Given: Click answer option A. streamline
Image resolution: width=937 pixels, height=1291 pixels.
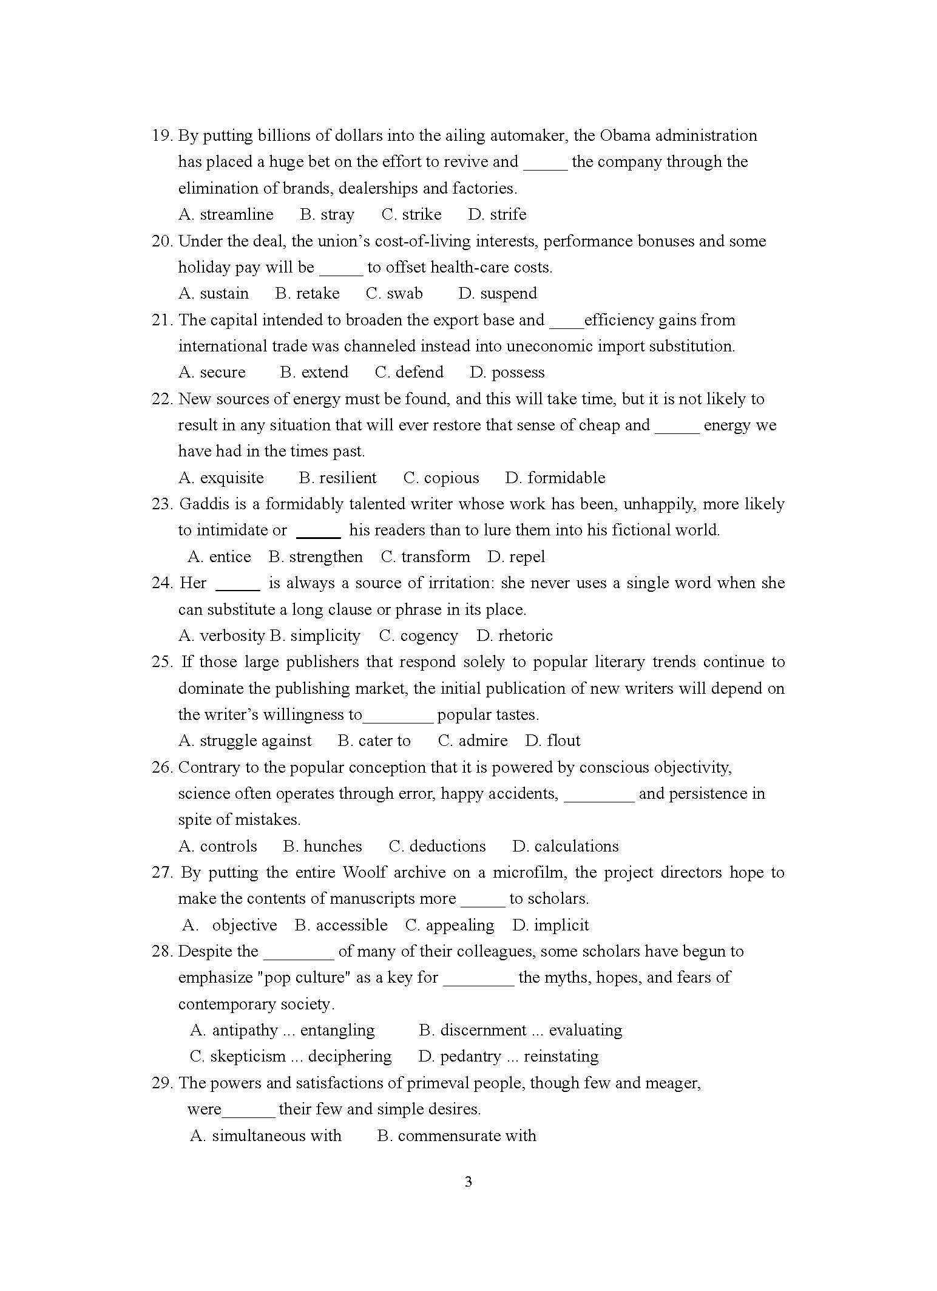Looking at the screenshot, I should pos(226,214).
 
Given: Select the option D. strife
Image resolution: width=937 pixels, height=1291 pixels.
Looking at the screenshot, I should pos(497,214).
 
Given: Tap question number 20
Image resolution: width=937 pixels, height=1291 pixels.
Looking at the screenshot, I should pos(162,241).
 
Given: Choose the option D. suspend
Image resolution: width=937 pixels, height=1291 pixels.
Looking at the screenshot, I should pos(498,293).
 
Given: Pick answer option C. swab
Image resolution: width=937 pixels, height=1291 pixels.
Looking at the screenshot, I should pos(394,293).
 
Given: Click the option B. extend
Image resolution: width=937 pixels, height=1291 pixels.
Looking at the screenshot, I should pos(314,372).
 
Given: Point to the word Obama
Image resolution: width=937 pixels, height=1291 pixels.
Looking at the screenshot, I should pos(625,135).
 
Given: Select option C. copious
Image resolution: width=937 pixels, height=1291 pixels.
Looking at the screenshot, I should pos(441,478).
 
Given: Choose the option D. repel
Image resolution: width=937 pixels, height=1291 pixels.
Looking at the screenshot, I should pos(516,557).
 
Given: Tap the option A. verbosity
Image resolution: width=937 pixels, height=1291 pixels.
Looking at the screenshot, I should pos(222,635).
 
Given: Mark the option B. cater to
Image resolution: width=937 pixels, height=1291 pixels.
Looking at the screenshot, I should pos(374,740).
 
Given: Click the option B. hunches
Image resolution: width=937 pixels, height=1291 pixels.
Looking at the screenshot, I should pos(322,846).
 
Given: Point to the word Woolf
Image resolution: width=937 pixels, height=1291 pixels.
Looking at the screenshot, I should pos(364,872).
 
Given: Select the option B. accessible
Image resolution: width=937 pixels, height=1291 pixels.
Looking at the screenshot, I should pos(341,925).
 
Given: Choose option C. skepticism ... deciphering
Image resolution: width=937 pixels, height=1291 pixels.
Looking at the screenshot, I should pos(291,1056).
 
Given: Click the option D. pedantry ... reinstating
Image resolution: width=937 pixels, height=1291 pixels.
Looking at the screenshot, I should pos(508,1056).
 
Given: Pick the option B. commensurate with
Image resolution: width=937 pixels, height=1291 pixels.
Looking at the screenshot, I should pos(456,1136).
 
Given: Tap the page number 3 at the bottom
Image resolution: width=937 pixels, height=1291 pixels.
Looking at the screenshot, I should pos(468,1182).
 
